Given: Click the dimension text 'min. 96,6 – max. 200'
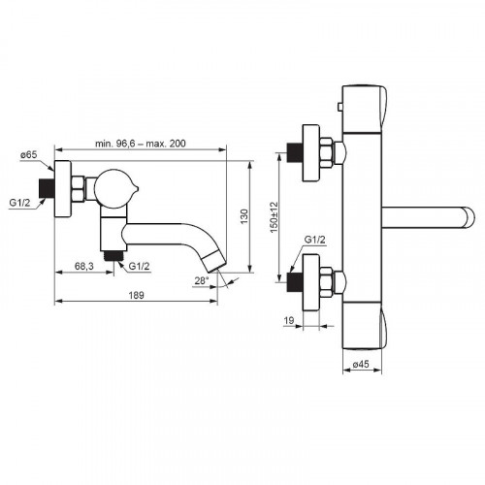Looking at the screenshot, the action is (x=141, y=144).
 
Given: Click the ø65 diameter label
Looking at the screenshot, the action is (x=29, y=155).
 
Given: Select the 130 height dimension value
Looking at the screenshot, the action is (x=244, y=216).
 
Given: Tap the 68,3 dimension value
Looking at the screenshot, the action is (x=84, y=266).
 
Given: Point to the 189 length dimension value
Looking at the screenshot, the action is (x=136, y=295).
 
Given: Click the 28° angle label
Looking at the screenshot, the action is (x=201, y=280).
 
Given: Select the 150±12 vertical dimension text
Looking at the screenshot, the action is (x=274, y=217).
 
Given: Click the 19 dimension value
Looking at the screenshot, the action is (x=289, y=320).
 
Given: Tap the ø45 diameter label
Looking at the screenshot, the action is (x=361, y=364).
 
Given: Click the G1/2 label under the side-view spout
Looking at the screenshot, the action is (x=139, y=266).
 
